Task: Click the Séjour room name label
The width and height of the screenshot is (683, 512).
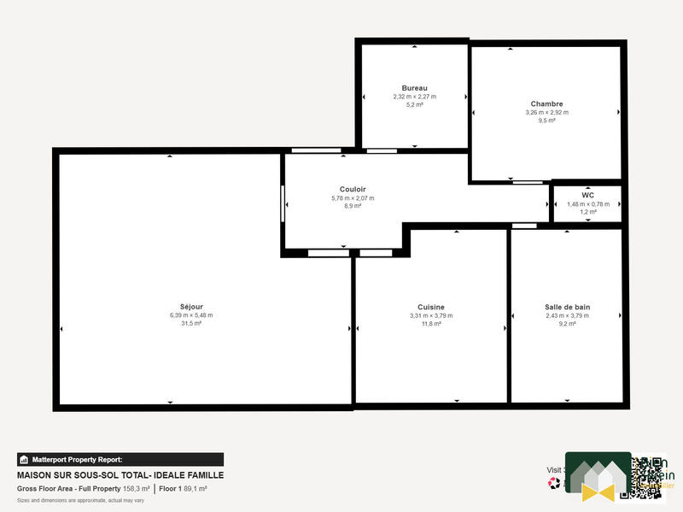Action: (191, 307)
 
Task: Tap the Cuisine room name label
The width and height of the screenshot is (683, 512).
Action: (431, 307)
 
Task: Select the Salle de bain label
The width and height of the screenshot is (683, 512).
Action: (568, 307)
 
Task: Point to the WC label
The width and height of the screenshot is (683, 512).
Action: (587, 195)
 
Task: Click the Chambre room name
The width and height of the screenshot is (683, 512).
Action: (546, 104)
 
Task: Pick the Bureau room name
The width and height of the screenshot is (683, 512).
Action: (414, 88)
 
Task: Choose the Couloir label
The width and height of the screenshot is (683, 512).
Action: (353, 190)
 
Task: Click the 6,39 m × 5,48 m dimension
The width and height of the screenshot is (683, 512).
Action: (191, 315)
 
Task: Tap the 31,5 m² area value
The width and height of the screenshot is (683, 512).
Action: (191, 324)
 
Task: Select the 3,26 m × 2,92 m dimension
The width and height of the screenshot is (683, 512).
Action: (546, 113)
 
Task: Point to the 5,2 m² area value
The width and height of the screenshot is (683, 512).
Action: (414, 105)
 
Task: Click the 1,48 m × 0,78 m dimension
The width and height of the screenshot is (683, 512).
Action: (588, 203)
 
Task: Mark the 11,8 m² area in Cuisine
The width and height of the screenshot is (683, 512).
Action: (431, 324)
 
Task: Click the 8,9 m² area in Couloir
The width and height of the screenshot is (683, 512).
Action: (353, 206)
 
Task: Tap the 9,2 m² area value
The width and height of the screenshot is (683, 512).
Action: (568, 324)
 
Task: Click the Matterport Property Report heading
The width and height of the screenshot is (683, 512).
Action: (78, 459)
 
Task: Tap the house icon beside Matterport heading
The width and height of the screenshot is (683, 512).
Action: (24, 459)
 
